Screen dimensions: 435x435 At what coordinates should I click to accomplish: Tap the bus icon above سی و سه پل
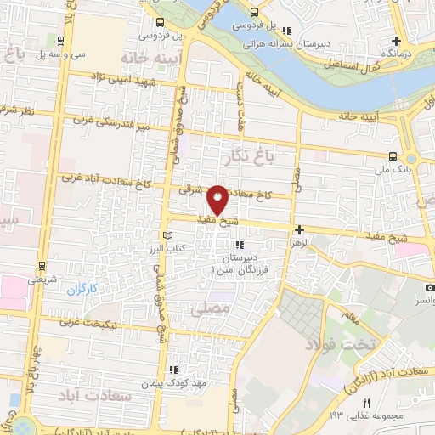click(59, 39)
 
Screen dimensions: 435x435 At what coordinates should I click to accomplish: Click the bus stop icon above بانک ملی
click(393, 156)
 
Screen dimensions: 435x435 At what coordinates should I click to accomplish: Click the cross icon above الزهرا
click(298, 229)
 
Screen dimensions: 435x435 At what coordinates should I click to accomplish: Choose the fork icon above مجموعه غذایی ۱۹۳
click(368, 402)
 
